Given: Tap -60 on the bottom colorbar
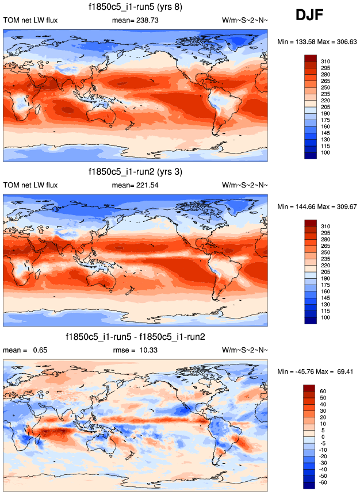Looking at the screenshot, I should pos(323,483).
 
